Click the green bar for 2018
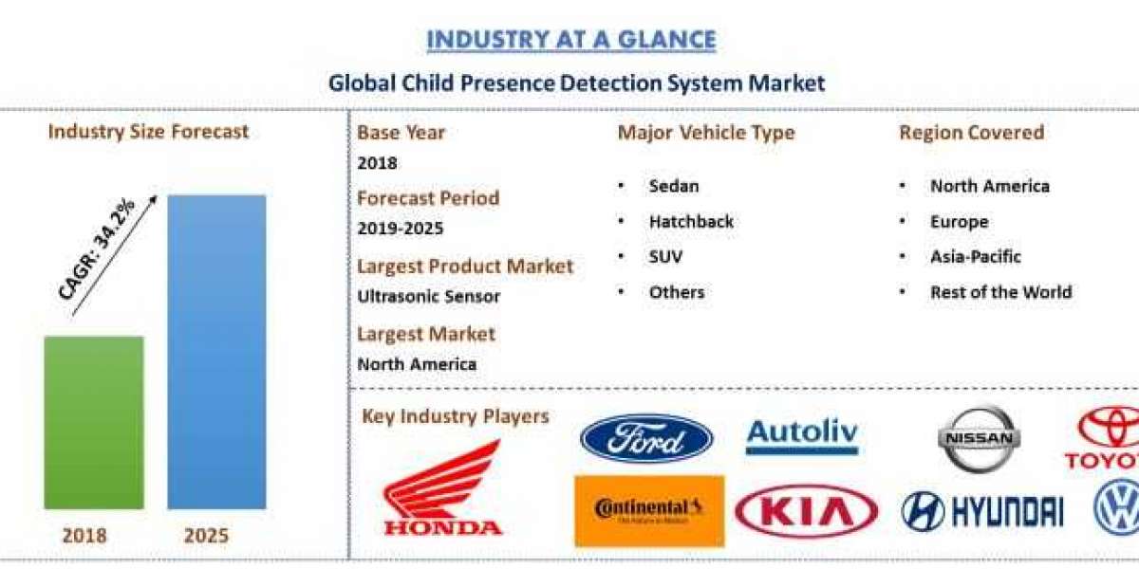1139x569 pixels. (x=94, y=422)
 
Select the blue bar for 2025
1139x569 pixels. (x=216, y=351)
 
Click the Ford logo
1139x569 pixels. (x=646, y=439)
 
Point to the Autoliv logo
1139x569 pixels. (x=802, y=437)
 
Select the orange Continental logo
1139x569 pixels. (x=649, y=511)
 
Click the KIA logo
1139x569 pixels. (x=806, y=513)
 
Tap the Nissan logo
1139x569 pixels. (x=980, y=438)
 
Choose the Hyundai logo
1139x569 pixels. (x=982, y=511)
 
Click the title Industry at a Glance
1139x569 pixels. (x=570, y=40)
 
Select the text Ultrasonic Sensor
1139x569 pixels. (x=428, y=296)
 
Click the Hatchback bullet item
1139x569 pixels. (x=691, y=222)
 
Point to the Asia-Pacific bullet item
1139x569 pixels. (x=976, y=257)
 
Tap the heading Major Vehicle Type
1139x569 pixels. (x=706, y=133)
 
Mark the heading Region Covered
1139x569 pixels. (x=971, y=133)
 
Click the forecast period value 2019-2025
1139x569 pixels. (x=400, y=229)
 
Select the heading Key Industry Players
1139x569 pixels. (x=456, y=416)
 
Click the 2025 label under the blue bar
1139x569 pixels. (x=206, y=536)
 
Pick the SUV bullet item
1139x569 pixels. (x=665, y=257)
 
